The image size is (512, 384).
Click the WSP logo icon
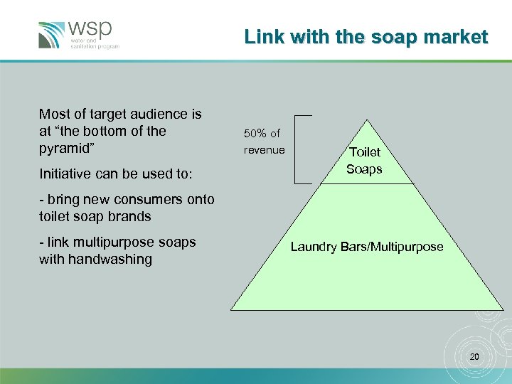[x=52, y=35]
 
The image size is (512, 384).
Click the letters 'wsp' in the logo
[x=90, y=30]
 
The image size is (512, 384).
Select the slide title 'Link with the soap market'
[x=366, y=37]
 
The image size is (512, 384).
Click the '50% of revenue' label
[x=264, y=142]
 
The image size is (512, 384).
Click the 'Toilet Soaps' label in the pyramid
[x=364, y=161]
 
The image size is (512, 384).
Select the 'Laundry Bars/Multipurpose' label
[x=366, y=247]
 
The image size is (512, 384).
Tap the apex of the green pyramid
[x=367, y=119]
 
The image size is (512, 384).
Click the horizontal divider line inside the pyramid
[x=367, y=184]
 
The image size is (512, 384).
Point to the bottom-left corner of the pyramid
[x=232, y=309]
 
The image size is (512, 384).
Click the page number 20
[x=475, y=356]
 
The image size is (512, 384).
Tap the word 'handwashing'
[x=110, y=259]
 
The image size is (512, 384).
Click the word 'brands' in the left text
[x=129, y=216]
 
